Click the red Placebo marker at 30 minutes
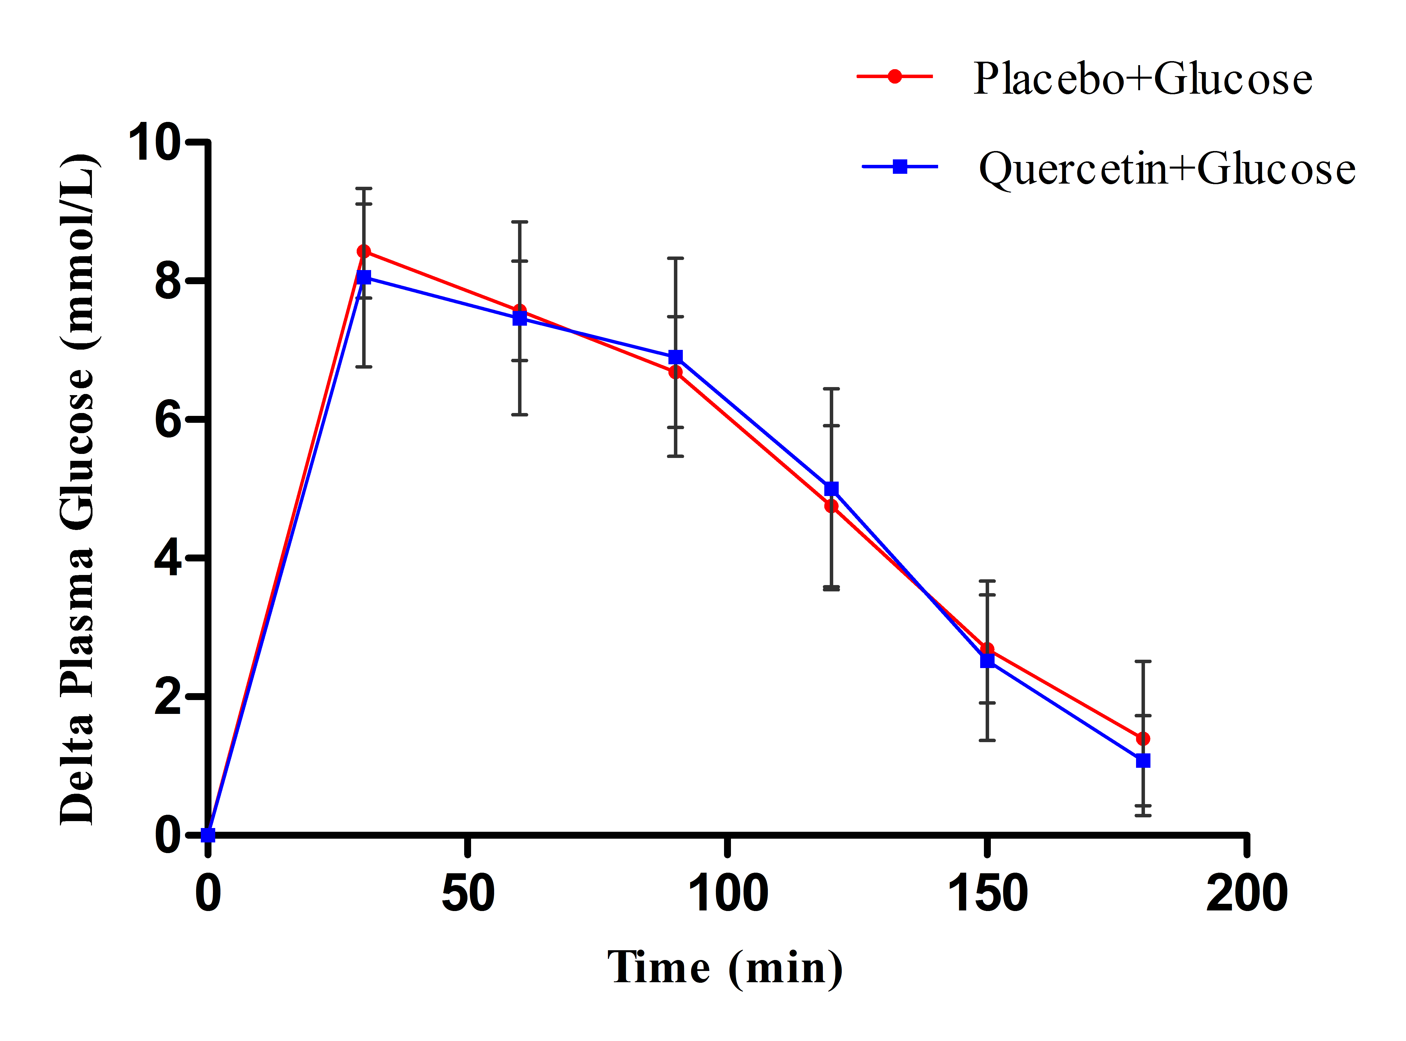coord(364,251)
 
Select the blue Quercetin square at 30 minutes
coord(364,277)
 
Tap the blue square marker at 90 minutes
coord(675,357)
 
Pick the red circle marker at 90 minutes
coord(675,372)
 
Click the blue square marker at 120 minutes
coord(831,489)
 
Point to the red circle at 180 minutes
coord(1143,739)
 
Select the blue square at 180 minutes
coord(1143,761)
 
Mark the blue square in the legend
coord(900,167)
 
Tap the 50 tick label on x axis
coord(467,893)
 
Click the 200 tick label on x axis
coord(1247,893)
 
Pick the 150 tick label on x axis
coord(987,893)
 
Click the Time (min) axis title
coord(724,969)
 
